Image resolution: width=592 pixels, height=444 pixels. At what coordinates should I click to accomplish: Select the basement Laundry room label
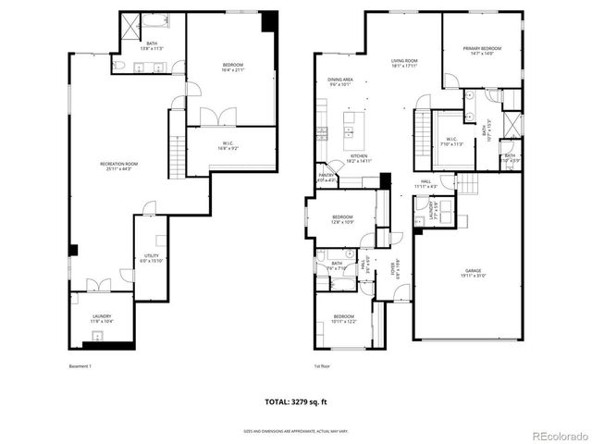pyautogui.click(x=102, y=319)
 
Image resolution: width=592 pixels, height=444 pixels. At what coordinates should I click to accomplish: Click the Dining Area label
pyautogui.click(x=340, y=83)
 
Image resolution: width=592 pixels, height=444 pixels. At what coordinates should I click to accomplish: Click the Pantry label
pyautogui.click(x=326, y=177)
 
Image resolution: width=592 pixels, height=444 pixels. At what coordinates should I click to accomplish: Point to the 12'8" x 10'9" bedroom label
pyautogui.click(x=343, y=220)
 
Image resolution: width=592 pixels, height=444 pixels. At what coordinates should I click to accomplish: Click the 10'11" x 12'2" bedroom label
pyautogui.click(x=343, y=319)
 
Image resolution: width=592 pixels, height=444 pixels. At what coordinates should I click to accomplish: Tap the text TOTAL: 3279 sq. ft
pyautogui.click(x=296, y=403)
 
